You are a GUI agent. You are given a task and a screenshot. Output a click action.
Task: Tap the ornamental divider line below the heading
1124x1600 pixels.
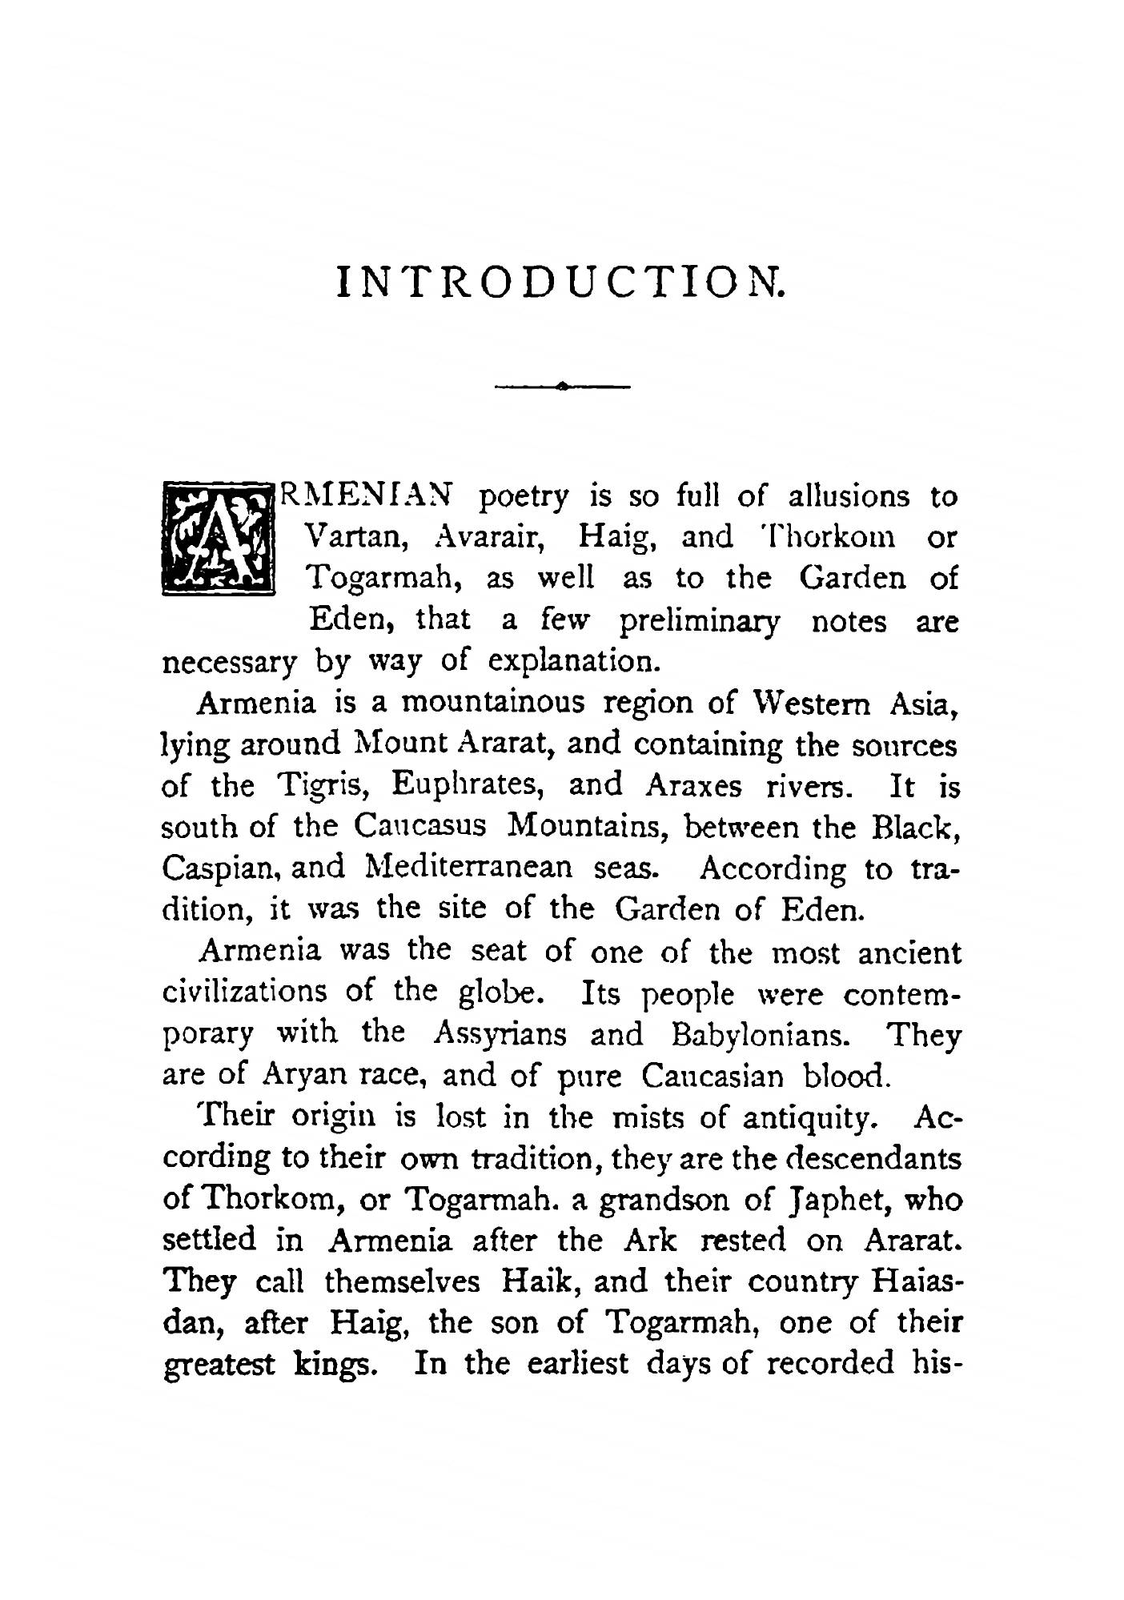click(x=563, y=387)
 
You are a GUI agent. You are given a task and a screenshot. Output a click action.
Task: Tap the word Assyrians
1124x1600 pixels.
click(x=500, y=1035)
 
